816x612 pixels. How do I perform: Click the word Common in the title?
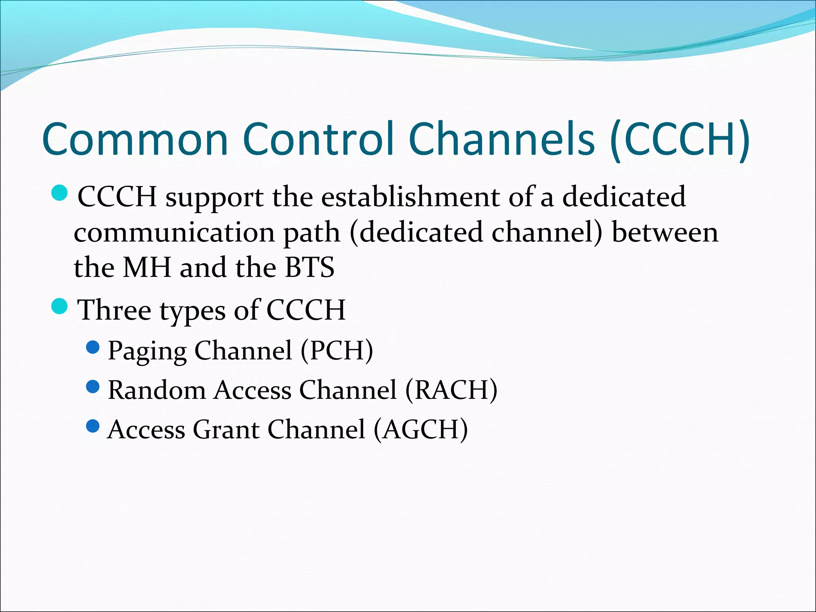tap(135, 139)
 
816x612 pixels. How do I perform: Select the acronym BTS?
tap(310, 267)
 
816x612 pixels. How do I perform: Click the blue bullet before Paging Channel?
tap(92, 347)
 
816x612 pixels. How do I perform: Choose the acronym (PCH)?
tap(337, 351)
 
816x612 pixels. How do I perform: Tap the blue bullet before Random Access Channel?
tap(92, 386)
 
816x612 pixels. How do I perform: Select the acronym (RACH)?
tap(451, 390)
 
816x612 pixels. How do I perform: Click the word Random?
tap(157, 390)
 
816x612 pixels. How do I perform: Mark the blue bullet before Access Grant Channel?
tap(92, 426)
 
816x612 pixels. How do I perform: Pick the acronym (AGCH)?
tap(421, 430)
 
